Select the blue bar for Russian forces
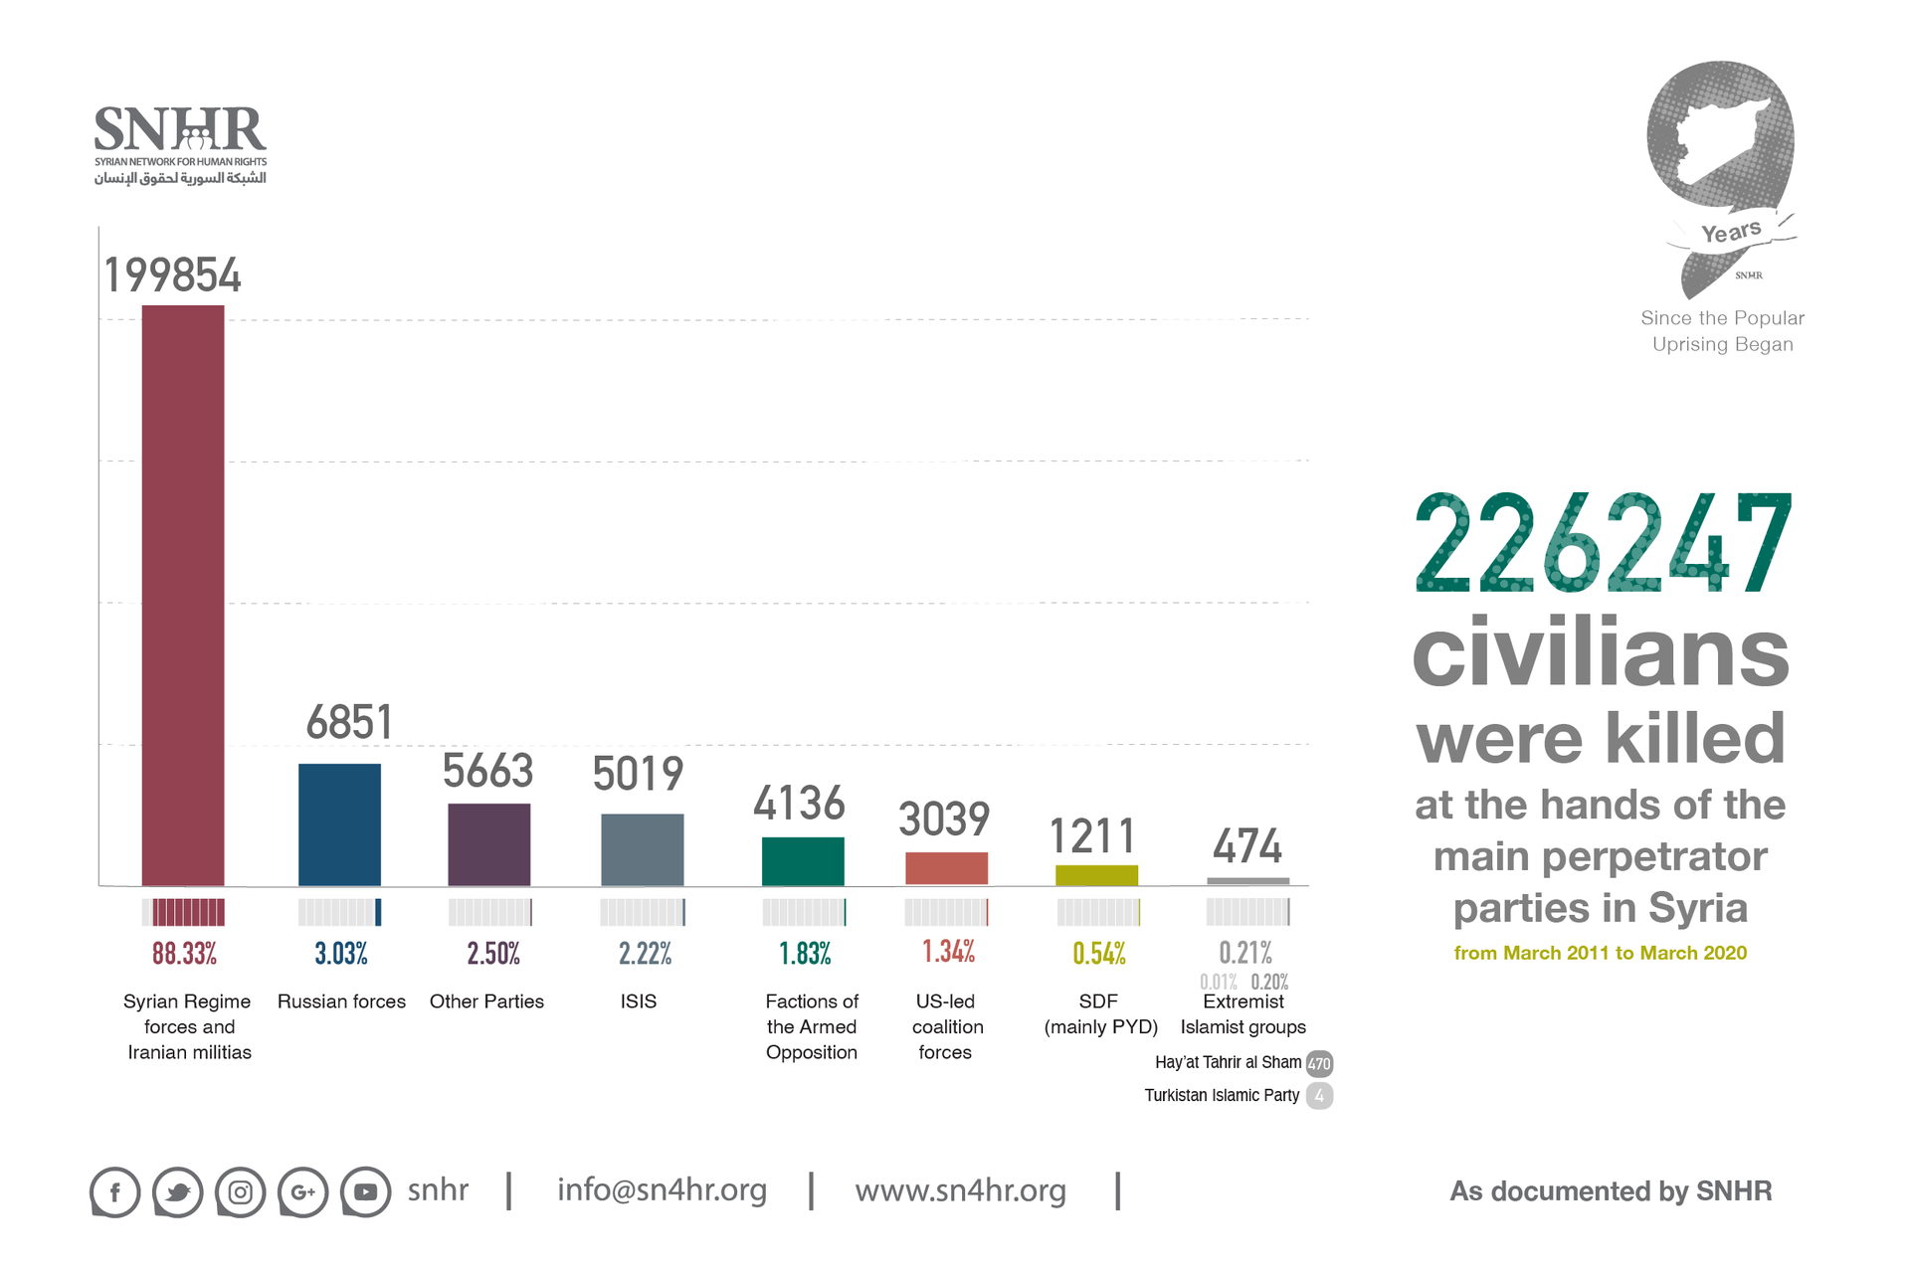coord(339,824)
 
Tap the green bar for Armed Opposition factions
coord(803,861)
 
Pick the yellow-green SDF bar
coord(1096,875)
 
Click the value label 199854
coord(172,275)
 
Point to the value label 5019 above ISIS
coord(638,774)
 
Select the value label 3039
coord(944,819)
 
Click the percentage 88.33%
coord(184,954)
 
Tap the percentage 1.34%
coord(948,952)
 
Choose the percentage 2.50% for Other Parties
coord(493,954)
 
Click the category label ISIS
coord(639,1001)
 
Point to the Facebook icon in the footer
coord(115,1191)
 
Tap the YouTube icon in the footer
coord(366,1191)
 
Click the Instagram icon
coord(241,1191)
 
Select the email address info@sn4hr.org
coord(662,1189)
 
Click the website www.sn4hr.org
coord(960,1189)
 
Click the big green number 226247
coord(1602,544)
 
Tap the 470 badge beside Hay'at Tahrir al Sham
coord(1319,1063)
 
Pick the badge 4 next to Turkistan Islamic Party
coord(1319,1096)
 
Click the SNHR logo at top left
coord(180,145)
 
